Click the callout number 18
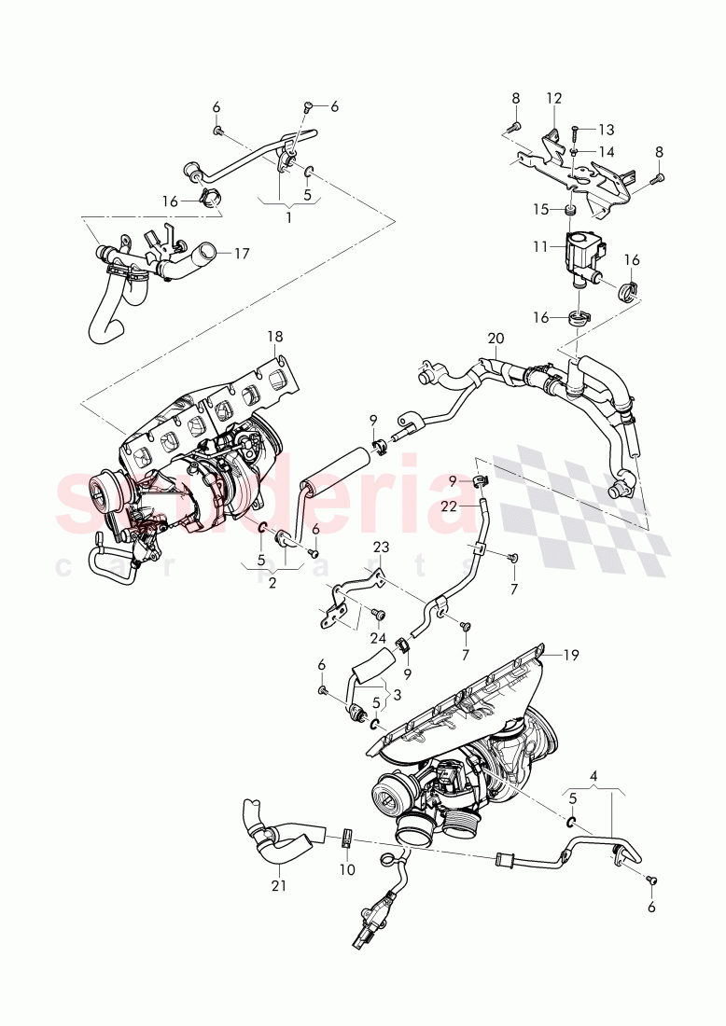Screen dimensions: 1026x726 click(275, 336)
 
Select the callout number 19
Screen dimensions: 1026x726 click(572, 655)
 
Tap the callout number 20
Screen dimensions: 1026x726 click(495, 338)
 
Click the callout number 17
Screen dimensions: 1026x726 click(243, 253)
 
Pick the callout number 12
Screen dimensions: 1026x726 click(554, 98)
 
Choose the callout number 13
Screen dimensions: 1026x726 click(607, 130)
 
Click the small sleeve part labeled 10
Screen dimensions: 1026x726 click(346, 838)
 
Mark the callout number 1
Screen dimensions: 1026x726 click(288, 217)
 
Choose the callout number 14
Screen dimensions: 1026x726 click(607, 151)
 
